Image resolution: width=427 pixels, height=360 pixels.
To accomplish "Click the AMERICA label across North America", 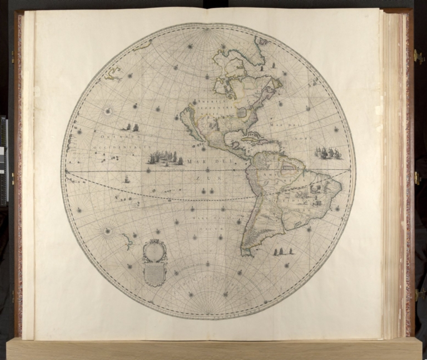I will (x=208, y=102).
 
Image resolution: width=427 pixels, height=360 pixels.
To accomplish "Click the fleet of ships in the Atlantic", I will (x=329, y=152).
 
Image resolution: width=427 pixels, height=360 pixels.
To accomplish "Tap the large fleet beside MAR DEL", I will (x=165, y=158).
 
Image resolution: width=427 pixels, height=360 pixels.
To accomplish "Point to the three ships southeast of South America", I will (x=283, y=252).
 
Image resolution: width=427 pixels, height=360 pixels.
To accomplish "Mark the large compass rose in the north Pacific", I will (x=108, y=111).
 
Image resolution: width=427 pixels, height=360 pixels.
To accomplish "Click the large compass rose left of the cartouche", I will (x=107, y=228).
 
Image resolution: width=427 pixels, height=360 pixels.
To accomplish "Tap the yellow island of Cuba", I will (x=251, y=135).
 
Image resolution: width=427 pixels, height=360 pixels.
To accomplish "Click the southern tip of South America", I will (x=245, y=254).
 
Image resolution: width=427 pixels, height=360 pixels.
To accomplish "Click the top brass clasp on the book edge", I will (x=418, y=56).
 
